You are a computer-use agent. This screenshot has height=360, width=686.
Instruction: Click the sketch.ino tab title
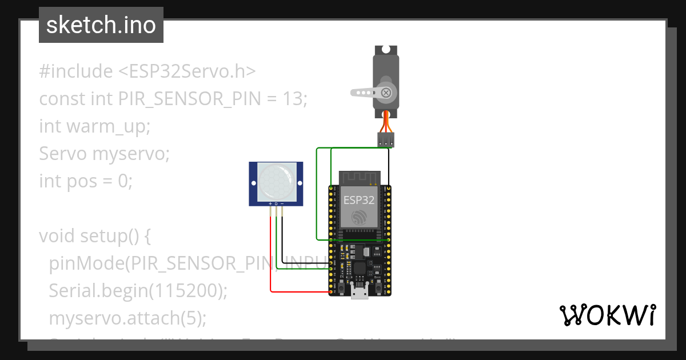101,25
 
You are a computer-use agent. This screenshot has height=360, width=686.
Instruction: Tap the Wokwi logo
607,315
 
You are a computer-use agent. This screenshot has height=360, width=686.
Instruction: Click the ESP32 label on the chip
358,200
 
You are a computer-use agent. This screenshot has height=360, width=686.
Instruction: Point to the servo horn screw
387,92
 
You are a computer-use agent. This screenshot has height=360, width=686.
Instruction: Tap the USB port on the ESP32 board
360,293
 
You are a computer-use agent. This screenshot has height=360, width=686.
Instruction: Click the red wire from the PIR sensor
271,257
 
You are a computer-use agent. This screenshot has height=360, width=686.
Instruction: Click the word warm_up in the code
108,126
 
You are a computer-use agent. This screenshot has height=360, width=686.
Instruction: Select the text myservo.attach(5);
127,318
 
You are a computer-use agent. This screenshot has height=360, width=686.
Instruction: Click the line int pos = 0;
86,181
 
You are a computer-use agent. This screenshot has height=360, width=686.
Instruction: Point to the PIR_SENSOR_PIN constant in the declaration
189,99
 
